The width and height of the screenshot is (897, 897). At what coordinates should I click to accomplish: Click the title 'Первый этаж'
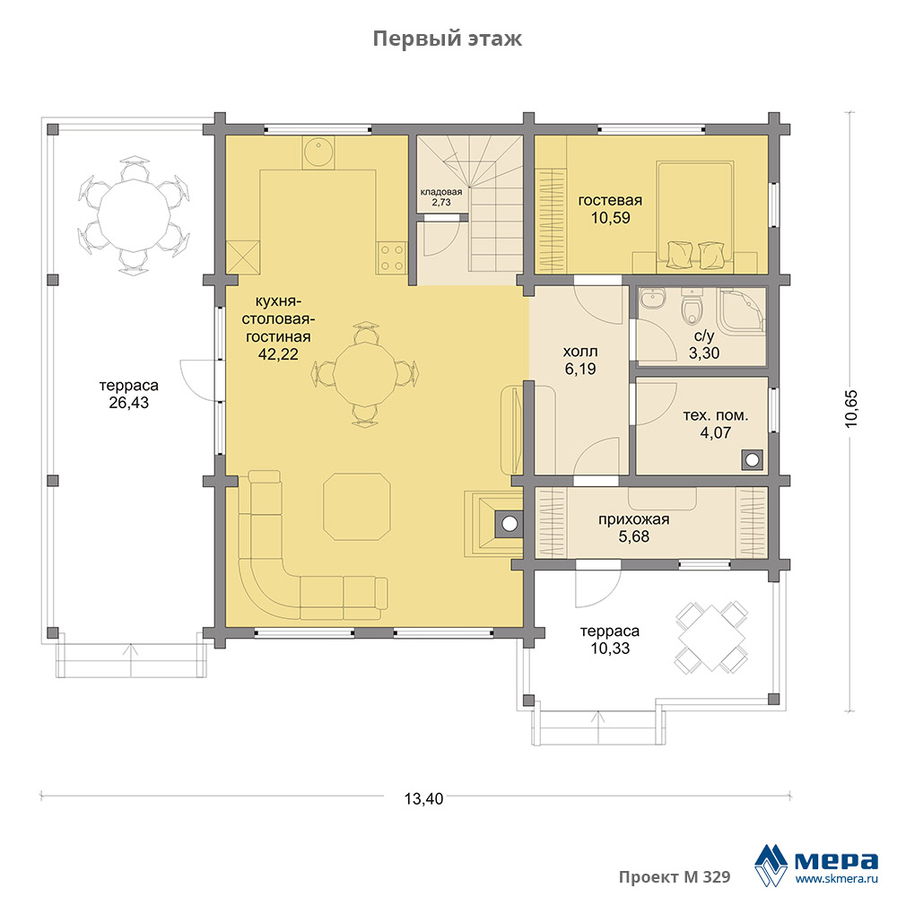pyautogui.click(x=448, y=39)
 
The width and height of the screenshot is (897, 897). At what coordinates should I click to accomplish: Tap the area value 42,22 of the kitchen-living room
pyautogui.click(x=278, y=354)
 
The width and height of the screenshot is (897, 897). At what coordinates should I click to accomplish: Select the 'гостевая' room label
pyautogui.click(x=610, y=200)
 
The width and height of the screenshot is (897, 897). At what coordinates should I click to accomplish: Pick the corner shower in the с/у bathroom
pyautogui.click(x=743, y=311)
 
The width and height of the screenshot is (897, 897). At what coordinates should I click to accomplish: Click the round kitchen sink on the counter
pyautogui.click(x=318, y=152)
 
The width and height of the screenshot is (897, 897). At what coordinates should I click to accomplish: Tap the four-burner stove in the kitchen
pyautogui.click(x=391, y=257)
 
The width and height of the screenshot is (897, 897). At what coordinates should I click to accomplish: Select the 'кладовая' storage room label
pyautogui.click(x=441, y=192)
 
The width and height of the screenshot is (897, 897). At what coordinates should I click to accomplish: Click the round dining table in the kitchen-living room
pyautogui.click(x=366, y=374)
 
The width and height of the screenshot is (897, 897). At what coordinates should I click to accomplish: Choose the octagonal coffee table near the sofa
pyautogui.click(x=356, y=506)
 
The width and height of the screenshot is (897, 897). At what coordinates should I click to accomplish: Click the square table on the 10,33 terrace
pyautogui.click(x=711, y=637)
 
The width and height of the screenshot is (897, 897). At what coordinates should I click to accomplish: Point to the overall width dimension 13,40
pyautogui.click(x=423, y=798)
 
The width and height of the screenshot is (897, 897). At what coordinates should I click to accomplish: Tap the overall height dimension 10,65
pyautogui.click(x=851, y=408)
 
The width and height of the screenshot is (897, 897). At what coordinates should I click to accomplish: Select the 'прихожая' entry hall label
pyautogui.click(x=634, y=519)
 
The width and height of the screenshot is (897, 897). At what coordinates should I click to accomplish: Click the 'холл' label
pyautogui.click(x=580, y=352)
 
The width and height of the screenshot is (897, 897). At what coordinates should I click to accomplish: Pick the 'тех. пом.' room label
pyautogui.click(x=715, y=415)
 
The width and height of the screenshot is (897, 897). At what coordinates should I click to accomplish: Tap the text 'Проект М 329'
pyautogui.click(x=675, y=877)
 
